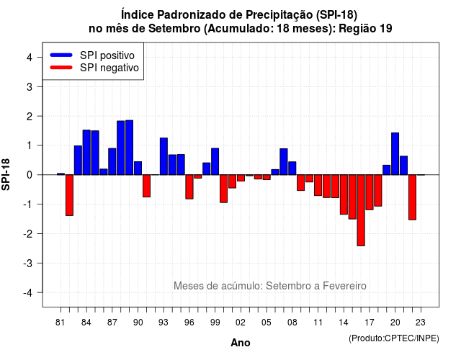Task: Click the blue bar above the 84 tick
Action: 86,152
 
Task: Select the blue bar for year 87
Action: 112,161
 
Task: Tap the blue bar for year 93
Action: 164,156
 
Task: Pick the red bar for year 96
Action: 189,187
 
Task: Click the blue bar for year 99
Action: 215,161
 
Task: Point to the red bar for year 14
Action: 344,194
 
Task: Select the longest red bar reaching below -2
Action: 361,210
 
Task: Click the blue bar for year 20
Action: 395,153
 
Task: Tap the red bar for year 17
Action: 370,192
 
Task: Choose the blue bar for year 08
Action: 292,168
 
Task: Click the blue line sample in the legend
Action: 61,55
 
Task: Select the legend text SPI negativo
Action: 109,68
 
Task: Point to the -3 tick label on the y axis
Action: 29,264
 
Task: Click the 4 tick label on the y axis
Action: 30,58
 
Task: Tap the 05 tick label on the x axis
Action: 267,323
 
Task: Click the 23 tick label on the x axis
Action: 421,323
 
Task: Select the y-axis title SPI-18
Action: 6,174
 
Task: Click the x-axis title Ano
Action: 241,343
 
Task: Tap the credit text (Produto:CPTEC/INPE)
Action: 394,338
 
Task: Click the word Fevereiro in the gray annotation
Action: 344,286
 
